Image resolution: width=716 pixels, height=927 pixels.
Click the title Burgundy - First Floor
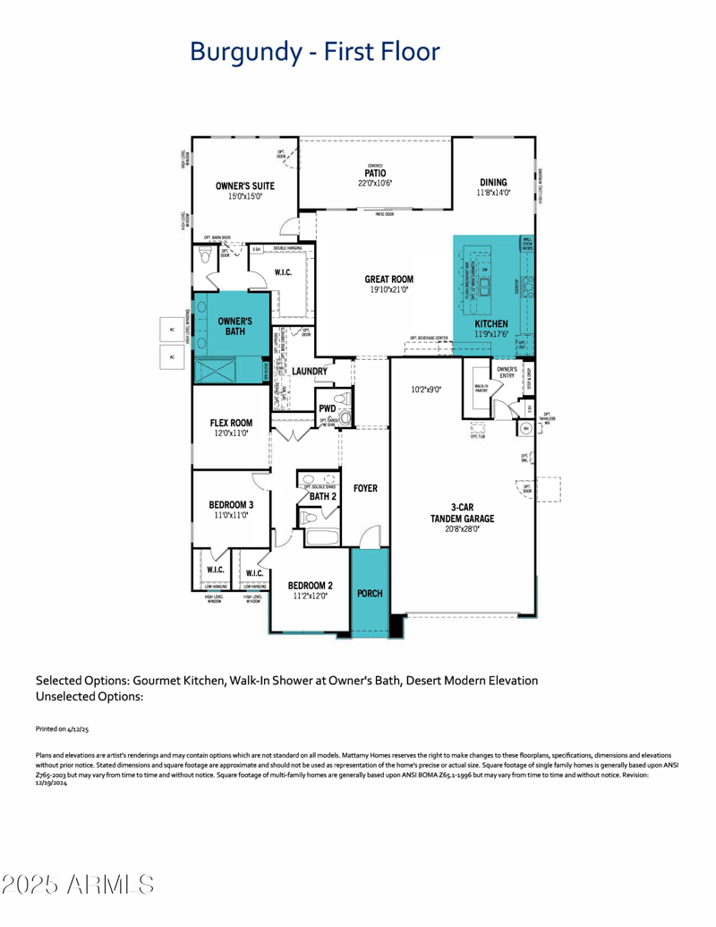click(314, 51)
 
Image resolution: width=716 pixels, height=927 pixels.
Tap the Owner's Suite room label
click(244, 186)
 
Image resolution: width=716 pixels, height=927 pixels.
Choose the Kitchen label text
click(491, 323)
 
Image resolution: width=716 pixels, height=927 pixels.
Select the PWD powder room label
click(327, 409)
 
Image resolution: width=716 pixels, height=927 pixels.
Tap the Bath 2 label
click(322, 495)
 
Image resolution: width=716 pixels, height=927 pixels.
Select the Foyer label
click(365, 488)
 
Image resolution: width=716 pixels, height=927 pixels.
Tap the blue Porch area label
click(370, 593)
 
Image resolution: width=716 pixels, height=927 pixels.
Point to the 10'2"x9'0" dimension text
click(428, 390)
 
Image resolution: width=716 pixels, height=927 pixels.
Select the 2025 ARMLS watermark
click(78, 885)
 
